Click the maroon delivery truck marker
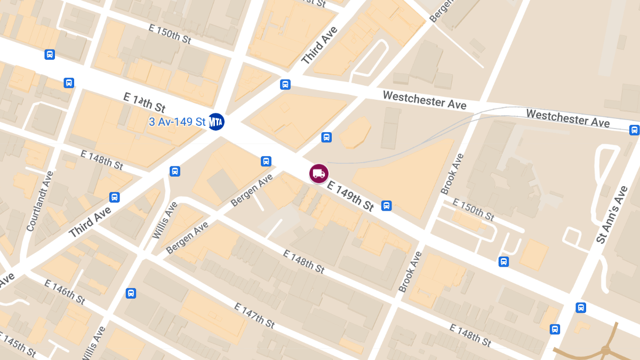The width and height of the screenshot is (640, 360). click(318, 173)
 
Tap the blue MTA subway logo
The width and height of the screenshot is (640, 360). click(216, 122)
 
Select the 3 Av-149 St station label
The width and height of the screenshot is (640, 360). click(177, 122)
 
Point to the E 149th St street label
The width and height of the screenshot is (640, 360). click(351, 195)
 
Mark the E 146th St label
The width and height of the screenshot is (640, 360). click(65, 292)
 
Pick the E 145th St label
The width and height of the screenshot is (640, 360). click(18, 346)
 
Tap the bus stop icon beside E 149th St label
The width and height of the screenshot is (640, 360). click(387, 206)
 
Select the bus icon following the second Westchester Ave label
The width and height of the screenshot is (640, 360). click(634, 130)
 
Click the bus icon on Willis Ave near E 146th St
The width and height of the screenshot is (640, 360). click(131, 293)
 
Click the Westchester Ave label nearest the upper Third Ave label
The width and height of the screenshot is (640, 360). click(425, 100)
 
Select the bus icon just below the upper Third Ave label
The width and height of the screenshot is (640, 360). click(285, 85)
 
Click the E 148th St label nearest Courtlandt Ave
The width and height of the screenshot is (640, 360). click(102, 159)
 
